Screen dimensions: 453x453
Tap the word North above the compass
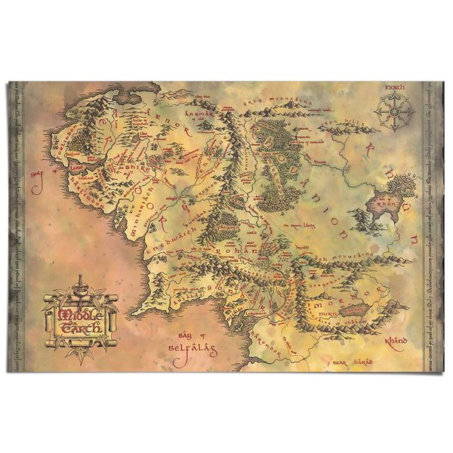(396, 89)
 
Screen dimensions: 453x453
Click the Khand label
(396, 341)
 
